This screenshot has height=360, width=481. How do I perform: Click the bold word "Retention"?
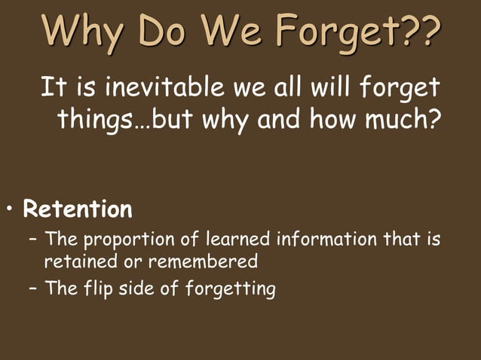(x=78, y=209)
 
